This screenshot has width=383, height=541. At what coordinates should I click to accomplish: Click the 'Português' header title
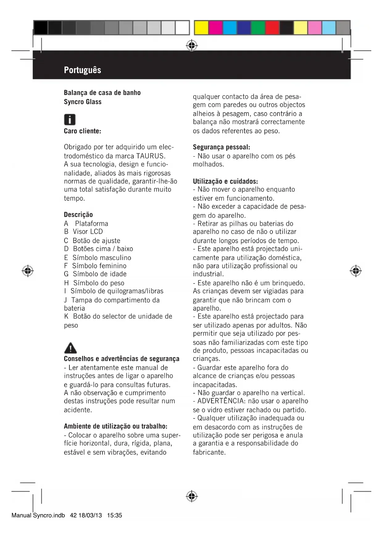pos(82,70)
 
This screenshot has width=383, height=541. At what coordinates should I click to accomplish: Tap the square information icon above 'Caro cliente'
pos(70,119)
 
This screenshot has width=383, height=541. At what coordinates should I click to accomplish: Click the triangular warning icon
pos(70,348)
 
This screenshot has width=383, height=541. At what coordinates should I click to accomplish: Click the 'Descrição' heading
pos(78,215)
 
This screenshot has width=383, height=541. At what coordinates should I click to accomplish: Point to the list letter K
pos(66,316)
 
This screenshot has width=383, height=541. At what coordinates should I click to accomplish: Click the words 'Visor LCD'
pos(88,232)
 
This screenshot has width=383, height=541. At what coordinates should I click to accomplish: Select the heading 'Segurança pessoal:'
pos(221,147)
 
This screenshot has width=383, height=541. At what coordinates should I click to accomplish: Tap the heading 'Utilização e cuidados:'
pos(225,181)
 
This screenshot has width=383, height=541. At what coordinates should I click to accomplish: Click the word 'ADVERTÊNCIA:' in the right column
pos(222,401)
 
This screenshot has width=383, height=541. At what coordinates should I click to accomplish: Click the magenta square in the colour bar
pos(215,28)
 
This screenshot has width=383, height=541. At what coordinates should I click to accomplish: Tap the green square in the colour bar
pos(258,28)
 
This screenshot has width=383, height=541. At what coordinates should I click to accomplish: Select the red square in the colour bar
pos(272,28)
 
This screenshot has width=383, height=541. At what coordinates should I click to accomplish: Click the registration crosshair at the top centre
pos(192,46)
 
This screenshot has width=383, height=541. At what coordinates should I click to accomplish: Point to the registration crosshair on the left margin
pos(28,271)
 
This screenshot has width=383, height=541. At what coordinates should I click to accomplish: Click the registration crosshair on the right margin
pos(356,271)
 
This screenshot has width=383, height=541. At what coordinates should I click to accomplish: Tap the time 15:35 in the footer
pos(114,515)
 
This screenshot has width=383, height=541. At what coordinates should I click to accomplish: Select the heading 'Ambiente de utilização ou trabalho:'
pos(115,426)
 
